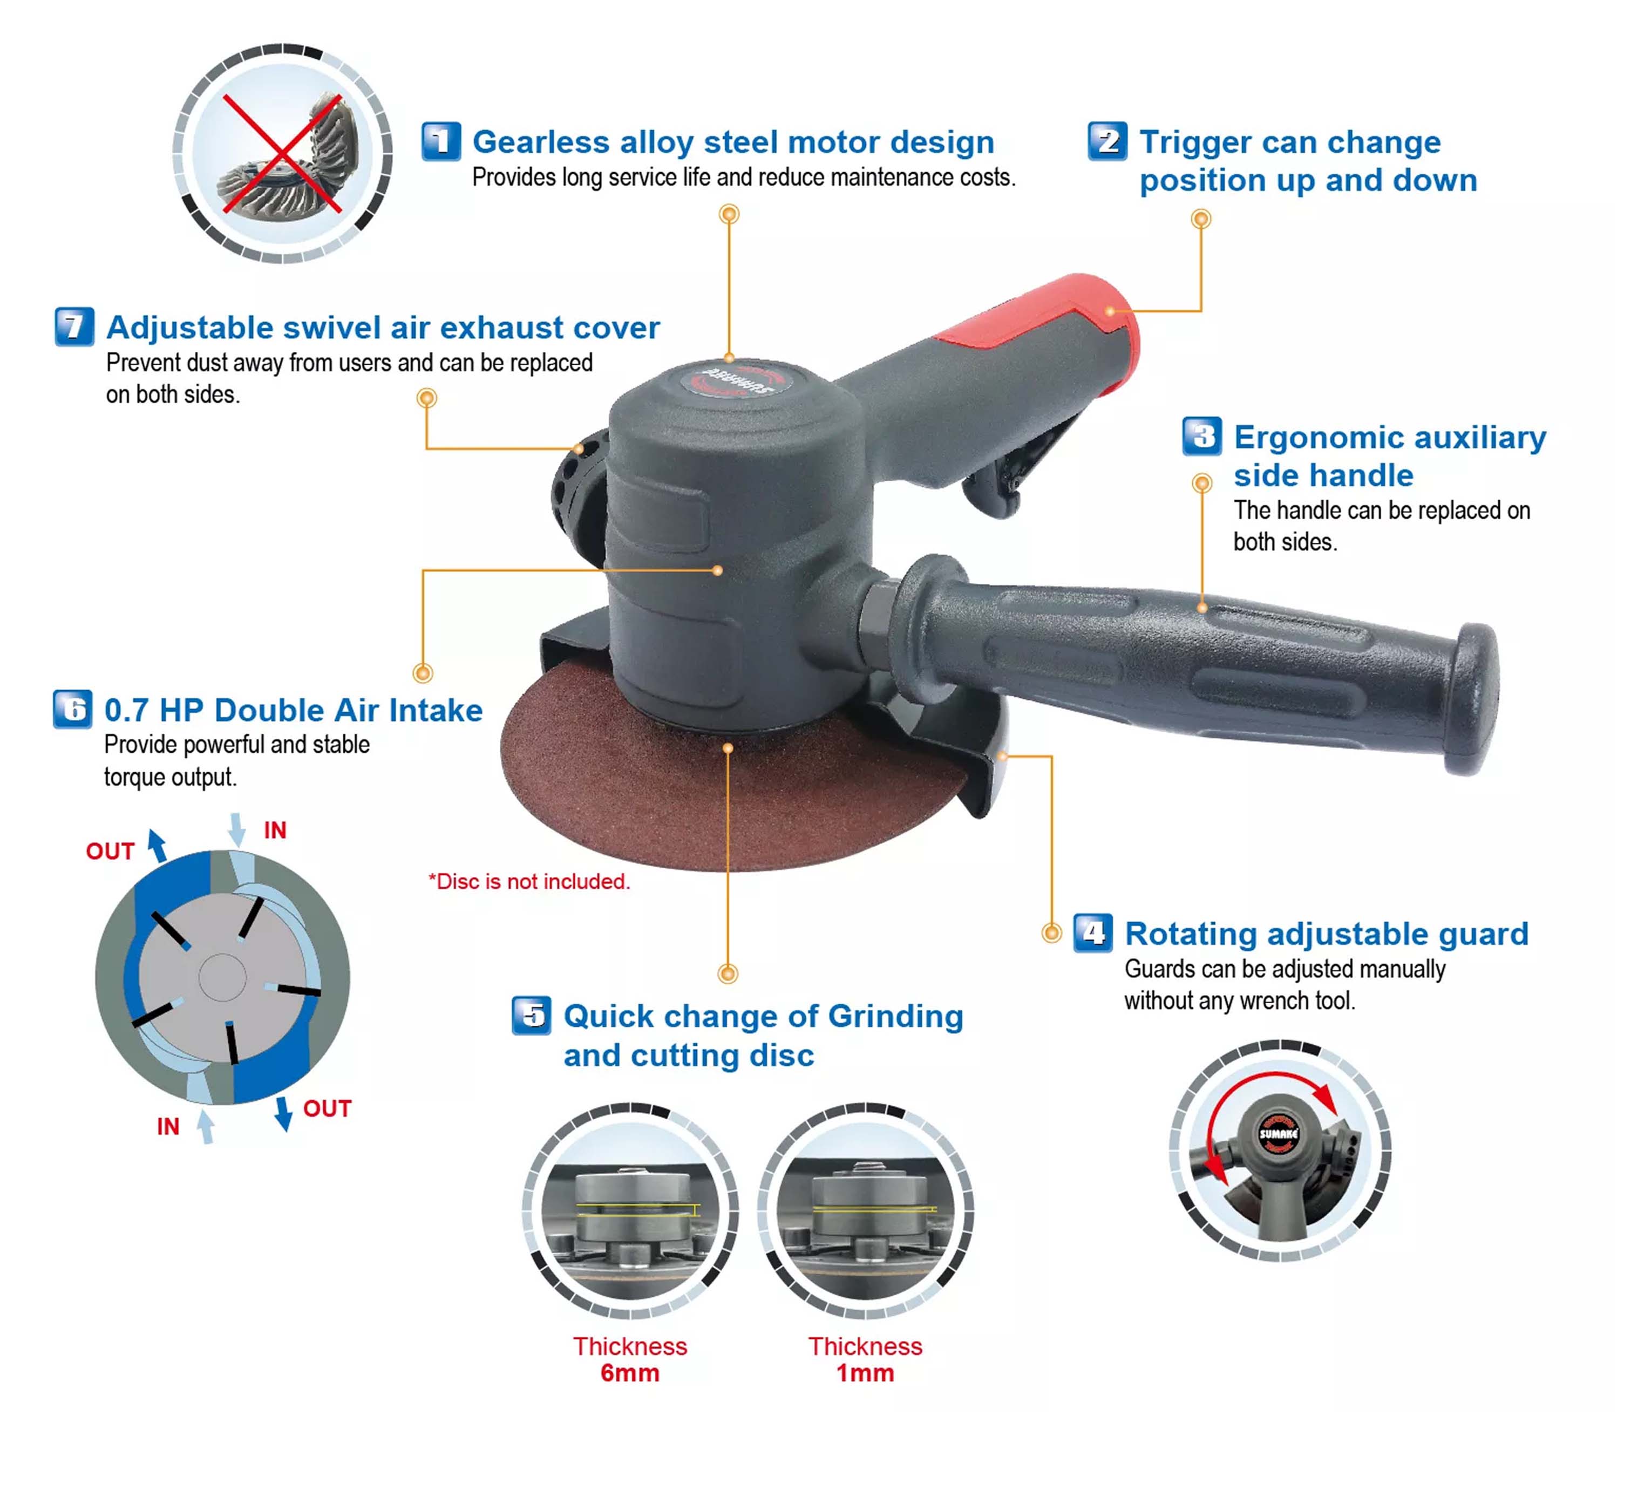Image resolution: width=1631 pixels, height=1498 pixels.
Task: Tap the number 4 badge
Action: (1093, 933)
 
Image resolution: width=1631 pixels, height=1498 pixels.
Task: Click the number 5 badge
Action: (532, 1016)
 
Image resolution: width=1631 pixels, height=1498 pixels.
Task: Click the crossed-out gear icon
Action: (282, 154)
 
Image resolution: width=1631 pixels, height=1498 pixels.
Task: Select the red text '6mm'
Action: (630, 1373)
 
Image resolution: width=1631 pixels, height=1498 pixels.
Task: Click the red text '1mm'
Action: (865, 1373)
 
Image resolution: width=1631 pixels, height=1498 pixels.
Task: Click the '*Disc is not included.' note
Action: (529, 881)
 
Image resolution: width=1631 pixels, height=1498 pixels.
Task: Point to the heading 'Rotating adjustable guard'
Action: (1327, 934)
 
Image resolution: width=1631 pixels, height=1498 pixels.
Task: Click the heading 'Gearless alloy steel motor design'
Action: (733, 142)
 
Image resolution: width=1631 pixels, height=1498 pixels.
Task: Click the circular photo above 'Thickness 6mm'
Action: (631, 1211)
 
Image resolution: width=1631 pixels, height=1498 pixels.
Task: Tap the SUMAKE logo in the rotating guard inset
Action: (1279, 1133)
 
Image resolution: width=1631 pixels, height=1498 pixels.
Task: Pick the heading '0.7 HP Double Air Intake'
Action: (294, 710)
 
